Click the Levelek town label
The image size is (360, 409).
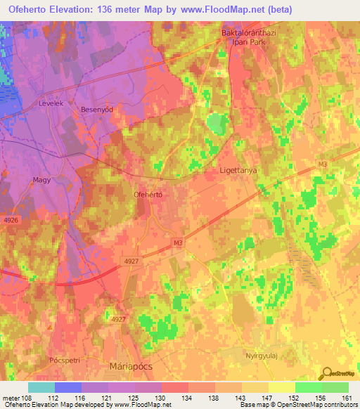point(50,103)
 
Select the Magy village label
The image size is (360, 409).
point(41,180)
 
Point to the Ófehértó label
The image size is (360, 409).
point(148,195)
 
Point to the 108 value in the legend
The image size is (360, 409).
point(25,398)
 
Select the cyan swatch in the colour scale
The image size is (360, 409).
point(41,387)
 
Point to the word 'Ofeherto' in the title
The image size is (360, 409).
point(32,9)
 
